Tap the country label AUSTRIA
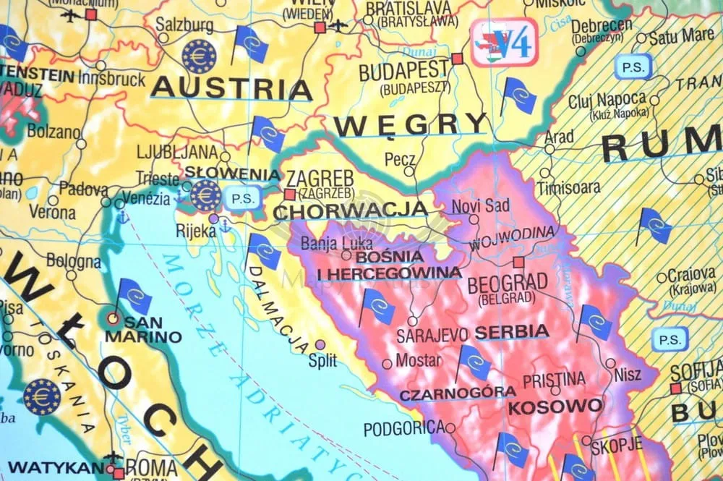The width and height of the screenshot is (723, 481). [231, 88]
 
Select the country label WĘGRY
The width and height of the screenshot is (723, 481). [411, 124]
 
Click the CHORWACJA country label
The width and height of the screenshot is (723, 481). [351, 210]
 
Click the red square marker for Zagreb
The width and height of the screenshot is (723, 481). [290, 194]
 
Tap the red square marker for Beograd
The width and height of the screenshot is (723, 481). [518, 263]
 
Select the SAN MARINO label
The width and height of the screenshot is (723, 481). [142, 330]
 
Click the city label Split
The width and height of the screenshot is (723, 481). [322, 361]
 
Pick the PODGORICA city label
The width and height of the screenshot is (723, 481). [402, 428]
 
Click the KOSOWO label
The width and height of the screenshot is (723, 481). [555, 406]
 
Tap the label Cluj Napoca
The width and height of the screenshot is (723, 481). [607, 99]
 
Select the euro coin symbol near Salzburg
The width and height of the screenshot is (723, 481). [199, 56]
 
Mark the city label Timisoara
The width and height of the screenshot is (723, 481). [568, 187]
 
